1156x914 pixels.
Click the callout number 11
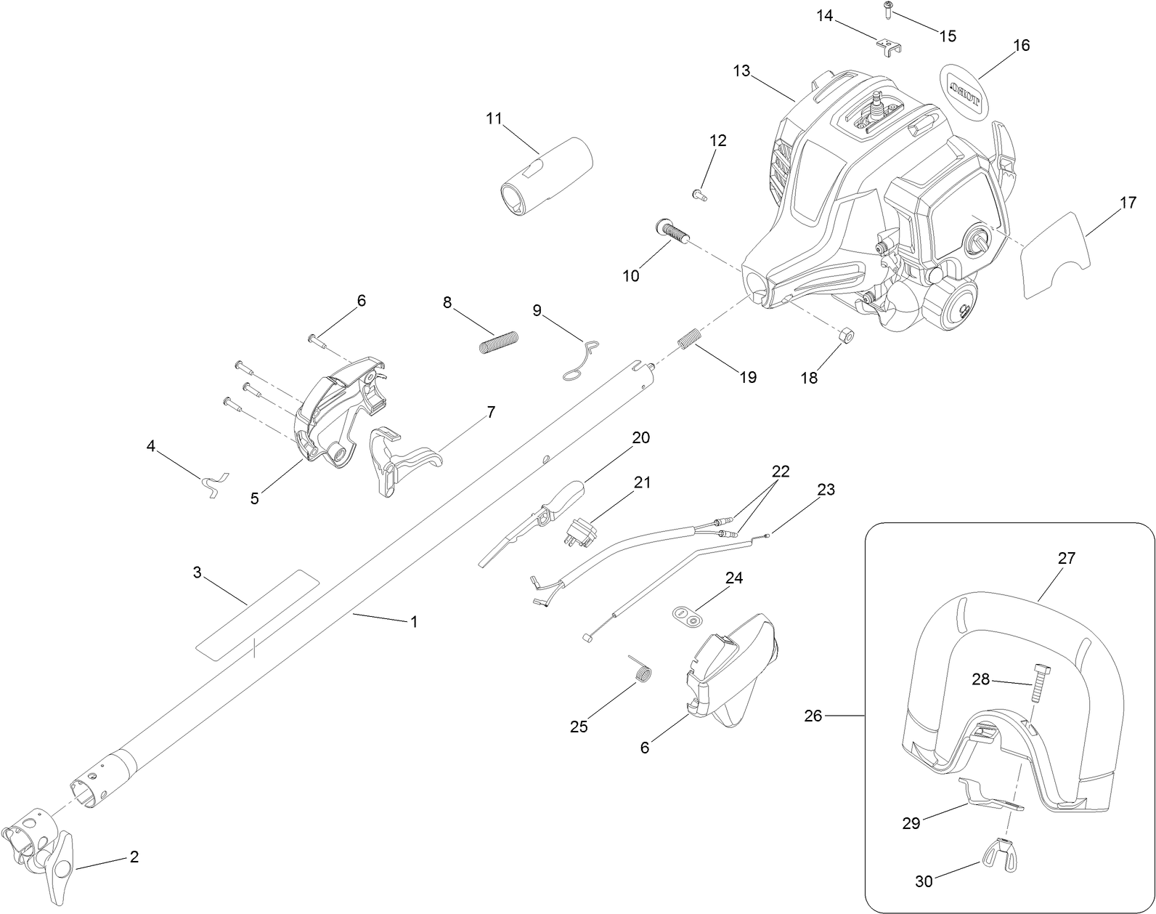click(x=494, y=118)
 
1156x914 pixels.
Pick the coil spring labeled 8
click(x=500, y=341)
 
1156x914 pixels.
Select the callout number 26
click(x=813, y=716)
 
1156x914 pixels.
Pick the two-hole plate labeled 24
click(x=686, y=615)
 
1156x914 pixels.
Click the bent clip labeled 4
click(x=213, y=483)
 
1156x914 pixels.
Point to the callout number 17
click(x=1127, y=203)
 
